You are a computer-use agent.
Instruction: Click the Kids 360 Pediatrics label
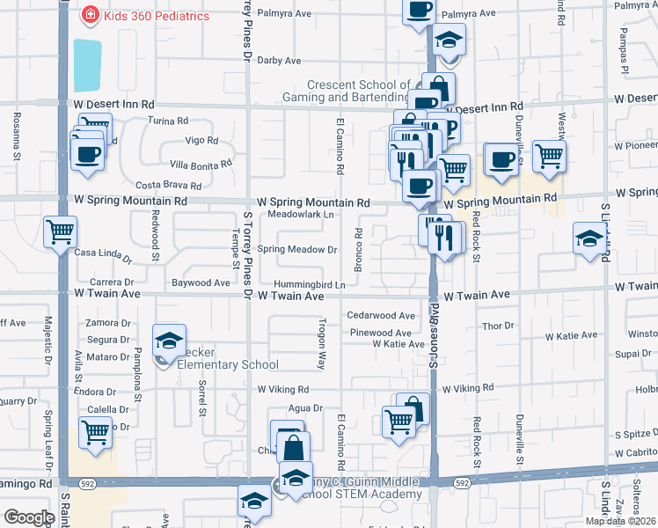[157, 16]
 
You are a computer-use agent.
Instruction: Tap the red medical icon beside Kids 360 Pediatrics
[90, 15]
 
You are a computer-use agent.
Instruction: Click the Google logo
[29, 517]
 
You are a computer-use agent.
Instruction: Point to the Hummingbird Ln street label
[309, 284]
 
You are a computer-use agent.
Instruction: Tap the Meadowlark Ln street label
[301, 214]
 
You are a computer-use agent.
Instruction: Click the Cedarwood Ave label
[380, 315]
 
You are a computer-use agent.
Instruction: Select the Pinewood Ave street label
[380, 334]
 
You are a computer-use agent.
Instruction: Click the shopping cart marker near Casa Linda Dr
[60, 232]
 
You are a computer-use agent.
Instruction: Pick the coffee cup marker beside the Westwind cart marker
[501, 159]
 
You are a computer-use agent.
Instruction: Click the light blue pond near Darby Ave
[87, 65]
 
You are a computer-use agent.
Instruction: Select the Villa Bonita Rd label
[201, 164]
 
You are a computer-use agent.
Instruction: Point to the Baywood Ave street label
[201, 282]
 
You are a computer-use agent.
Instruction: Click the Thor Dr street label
[498, 326]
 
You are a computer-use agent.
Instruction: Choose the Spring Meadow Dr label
[297, 250]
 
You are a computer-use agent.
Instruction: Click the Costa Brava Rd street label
[169, 186]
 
